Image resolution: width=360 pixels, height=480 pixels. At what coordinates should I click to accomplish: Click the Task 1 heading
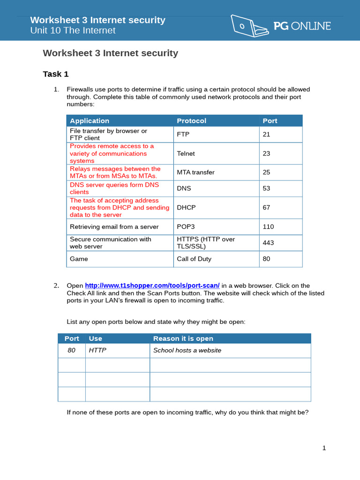56,74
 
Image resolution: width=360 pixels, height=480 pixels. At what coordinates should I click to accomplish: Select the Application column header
90,121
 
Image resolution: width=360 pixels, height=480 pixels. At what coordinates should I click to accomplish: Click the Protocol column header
191,121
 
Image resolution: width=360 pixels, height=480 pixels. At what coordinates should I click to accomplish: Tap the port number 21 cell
266,135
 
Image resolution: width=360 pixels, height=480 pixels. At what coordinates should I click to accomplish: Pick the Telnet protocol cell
186,153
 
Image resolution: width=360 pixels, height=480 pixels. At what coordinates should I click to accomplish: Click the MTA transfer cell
195,172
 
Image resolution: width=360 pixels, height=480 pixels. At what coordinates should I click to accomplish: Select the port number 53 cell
266,188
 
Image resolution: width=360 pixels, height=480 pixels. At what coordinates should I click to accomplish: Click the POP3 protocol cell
186,226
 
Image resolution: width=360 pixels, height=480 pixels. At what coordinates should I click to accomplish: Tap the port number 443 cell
268,243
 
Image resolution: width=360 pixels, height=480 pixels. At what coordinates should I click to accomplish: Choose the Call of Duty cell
194,259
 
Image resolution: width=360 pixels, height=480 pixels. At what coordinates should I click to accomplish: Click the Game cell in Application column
79,259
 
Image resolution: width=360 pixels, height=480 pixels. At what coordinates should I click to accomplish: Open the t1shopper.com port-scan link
152,285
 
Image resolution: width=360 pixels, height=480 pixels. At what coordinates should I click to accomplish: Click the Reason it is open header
183,338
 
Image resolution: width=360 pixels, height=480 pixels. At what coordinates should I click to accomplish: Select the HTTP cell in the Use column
97,350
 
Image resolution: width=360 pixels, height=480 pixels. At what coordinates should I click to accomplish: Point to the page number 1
324,448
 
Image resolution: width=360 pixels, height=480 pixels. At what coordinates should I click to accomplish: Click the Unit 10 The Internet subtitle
73,30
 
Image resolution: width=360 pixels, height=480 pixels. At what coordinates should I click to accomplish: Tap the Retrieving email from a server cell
114,226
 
